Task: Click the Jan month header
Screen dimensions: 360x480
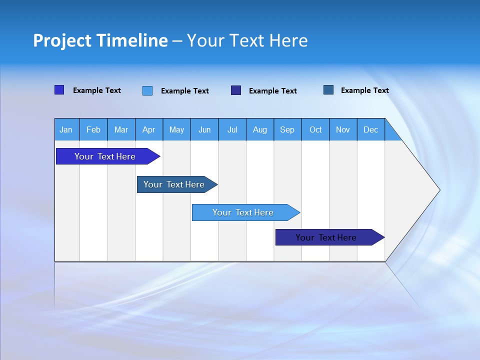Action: click(66, 129)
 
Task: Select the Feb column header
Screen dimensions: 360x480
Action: click(93, 129)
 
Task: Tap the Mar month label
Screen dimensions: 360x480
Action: click(121, 129)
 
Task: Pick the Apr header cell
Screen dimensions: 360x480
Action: click(149, 129)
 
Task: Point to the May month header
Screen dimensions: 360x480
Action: click(176, 129)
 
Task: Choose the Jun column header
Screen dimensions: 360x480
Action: click(204, 129)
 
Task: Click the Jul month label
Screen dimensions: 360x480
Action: click(232, 129)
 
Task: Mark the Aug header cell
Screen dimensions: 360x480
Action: click(260, 129)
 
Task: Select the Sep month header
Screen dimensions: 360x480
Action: click(287, 129)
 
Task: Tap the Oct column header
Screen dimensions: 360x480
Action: click(315, 129)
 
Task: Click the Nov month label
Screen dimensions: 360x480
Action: click(343, 129)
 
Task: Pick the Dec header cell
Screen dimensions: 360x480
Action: click(371, 129)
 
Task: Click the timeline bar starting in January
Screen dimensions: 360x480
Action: click(105, 156)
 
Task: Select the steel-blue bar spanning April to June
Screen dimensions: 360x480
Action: click(174, 184)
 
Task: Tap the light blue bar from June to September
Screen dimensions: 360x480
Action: click(243, 212)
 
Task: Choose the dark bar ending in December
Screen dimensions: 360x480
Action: click(326, 237)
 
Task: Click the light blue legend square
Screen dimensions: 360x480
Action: click(147, 90)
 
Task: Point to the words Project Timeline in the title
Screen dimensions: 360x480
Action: click(100, 40)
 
